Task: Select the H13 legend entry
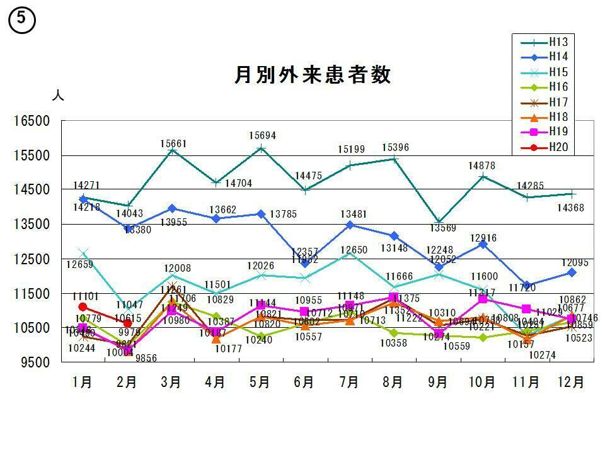tap(558, 42)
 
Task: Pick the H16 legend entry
tap(558, 87)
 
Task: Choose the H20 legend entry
tap(558, 147)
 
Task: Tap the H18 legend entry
tap(558, 117)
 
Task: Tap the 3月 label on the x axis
tap(171, 383)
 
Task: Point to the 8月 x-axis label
tap(393, 383)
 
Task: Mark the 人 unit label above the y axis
tap(57, 96)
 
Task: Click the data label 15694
tap(262, 136)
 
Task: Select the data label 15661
tap(173, 144)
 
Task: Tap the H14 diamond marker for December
tap(571, 272)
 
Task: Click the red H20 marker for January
tap(83, 307)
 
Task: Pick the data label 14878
tap(481, 166)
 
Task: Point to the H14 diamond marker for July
tap(350, 225)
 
